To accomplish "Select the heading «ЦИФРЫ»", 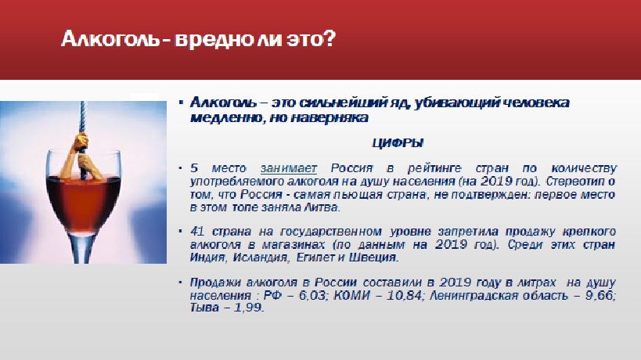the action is pyautogui.click(x=398, y=143).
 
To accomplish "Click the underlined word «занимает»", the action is pyautogui.click(x=289, y=168).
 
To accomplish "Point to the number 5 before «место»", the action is pyautogui.click(x=194, y=168).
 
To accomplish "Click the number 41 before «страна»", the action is pyautogui.click(x=197, y=232).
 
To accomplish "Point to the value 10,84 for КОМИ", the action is pyautogui.click(x=405, y=295).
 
